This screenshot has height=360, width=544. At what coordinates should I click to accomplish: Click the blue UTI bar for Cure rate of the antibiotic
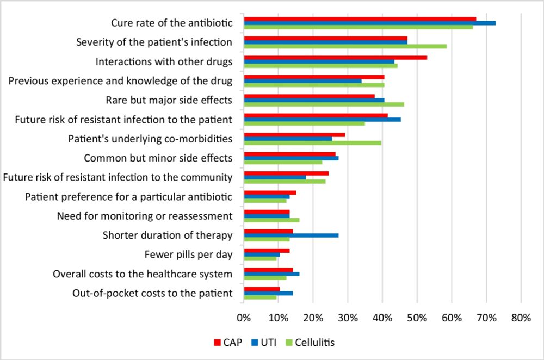point(370,23)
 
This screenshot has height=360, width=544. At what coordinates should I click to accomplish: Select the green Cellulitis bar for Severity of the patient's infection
point(345,46)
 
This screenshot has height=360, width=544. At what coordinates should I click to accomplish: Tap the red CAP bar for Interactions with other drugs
point(335,57)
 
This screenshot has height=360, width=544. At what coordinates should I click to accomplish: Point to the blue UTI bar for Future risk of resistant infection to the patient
point(322,120)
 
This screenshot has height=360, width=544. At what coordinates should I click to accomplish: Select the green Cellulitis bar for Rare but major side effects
point(324,104)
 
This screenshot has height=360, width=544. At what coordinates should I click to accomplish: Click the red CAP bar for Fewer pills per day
point(267,251)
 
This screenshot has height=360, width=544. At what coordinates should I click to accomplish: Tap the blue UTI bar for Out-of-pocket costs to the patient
point(268,293)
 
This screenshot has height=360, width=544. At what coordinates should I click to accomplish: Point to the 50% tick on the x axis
point(417,318)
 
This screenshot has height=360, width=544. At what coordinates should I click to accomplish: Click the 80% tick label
point(521,318)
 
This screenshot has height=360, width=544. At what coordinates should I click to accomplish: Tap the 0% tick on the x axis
point(244,318)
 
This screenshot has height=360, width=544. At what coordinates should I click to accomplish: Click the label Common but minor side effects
point(158,158)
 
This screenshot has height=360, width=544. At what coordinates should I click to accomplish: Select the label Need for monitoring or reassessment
point(145,216)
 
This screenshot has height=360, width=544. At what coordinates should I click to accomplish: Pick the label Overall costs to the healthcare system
point(143,274)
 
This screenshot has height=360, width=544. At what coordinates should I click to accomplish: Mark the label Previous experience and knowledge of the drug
point(121,81)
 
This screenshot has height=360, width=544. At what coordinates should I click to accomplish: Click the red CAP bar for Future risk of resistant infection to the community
point(286,173)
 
